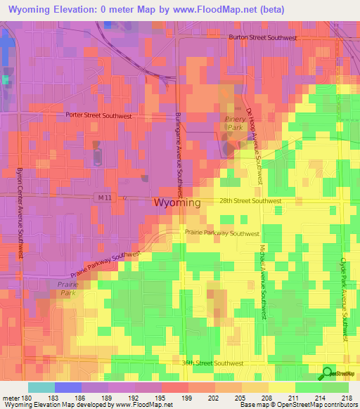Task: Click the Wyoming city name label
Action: pos(176,202)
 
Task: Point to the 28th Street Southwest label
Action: pos(250,200)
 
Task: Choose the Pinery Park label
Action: pos(236,124)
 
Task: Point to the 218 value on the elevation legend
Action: pos(345,398)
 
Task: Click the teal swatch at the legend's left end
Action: pos(41,387)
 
